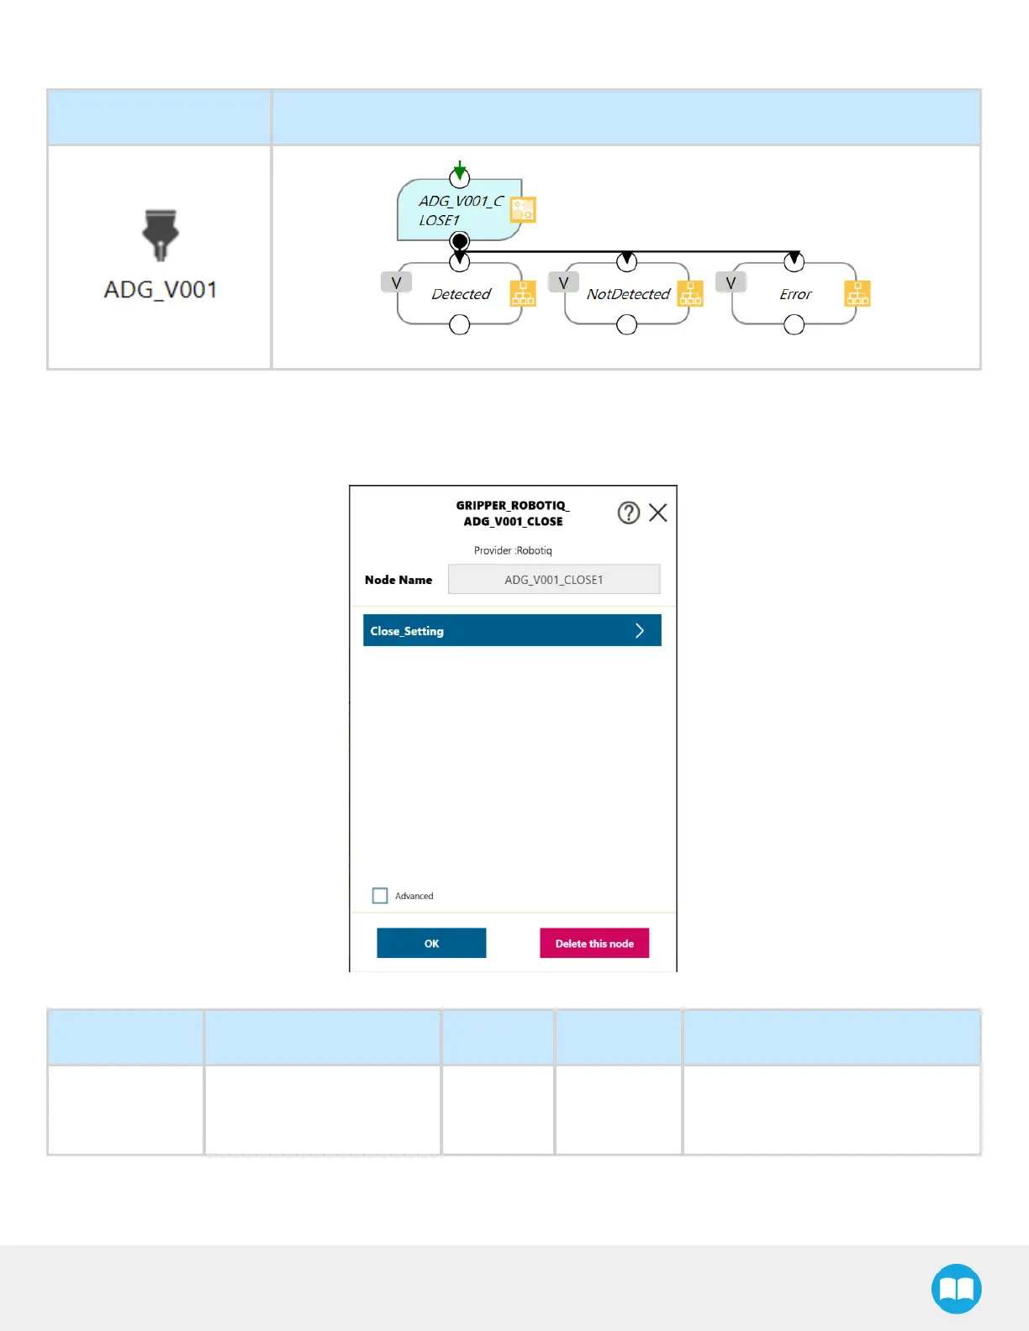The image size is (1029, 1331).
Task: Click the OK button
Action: coord(431,943)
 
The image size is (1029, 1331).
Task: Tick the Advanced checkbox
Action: coord(380,896)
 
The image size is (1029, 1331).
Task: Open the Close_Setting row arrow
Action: coord(640,630)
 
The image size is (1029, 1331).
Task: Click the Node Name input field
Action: coord(553,579)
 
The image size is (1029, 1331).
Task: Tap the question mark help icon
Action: coord(629,513)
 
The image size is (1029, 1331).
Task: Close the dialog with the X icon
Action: coord(658,513)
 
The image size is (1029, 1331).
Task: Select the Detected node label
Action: coord(461,294)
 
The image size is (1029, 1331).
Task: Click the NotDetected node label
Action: coord(628,294)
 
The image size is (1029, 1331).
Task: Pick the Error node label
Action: coord(795,294)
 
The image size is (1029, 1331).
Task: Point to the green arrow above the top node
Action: coord(459,169)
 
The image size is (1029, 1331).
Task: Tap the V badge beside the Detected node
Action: coord(396,282)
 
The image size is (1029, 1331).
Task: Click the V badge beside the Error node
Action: coord(731,282)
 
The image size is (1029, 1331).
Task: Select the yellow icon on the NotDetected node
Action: coord(690,293)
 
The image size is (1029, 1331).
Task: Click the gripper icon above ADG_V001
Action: coord(161,234)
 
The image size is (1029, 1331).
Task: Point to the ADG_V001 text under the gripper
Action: coord(161,290)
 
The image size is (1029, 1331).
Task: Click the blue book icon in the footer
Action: coord(956,1288)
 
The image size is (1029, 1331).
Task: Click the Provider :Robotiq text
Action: coord(513,550)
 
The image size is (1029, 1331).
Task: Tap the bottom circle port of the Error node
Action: coord(794,325)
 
